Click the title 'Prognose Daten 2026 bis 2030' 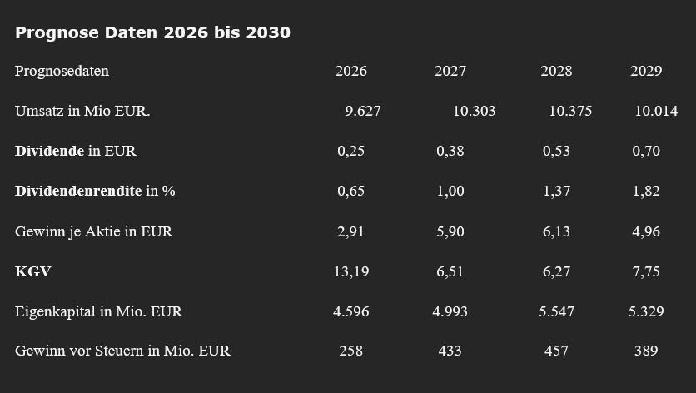[x=152, y=32]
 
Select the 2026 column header [x=350, y=71]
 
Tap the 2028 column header [x=556, y=71]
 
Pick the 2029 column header [x=646, y=71]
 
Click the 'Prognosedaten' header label [x=62, y=71]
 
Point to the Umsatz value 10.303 [x=474, y=111]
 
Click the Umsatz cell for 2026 [x=363, y=111]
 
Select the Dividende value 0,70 [x=646, y=151]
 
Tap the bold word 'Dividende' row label [x=49, y=151]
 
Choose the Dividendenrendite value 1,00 [x=450, y=191]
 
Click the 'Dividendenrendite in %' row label [x=95, y=191]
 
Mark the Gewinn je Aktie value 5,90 [x=450, y=231]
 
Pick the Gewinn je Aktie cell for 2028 [x=556, y=231]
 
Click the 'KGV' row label [x=33, y=271]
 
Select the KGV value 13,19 [x=350, y=271]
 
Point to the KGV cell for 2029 [x=646, y=271]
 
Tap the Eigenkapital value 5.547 [x=556, y=311]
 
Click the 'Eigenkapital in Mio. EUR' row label [x=98, y=311]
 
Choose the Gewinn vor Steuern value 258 [x=350, y=351]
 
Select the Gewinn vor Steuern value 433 [x=450, y=351]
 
